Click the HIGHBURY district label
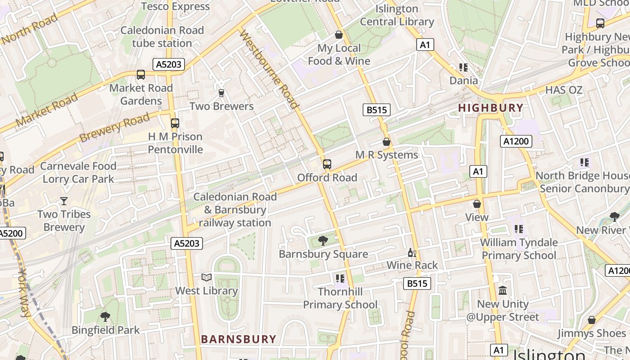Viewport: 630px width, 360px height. point(490,108)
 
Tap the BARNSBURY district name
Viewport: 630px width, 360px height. point(238,339)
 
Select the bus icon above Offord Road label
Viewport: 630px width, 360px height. point(327,164)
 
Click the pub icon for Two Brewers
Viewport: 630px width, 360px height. point(221,93)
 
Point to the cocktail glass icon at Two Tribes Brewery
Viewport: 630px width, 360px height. point(64,201)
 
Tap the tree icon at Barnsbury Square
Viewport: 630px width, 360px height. point(323,241)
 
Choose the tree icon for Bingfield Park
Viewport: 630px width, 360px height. point(105,317)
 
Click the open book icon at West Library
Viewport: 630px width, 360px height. point(207,278)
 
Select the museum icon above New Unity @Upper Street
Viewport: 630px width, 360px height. point(503,291)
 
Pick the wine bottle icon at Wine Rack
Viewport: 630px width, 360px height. point(411,253)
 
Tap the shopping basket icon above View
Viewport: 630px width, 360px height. point(477,204)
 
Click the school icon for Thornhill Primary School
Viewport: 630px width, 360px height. point(340,279)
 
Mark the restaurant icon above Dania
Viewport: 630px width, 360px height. point(463,67)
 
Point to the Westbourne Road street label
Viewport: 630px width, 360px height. point(270,70)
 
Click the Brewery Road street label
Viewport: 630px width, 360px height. point(114,127)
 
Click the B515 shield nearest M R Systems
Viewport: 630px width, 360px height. point(376,110)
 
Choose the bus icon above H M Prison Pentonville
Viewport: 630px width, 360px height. point(175,123)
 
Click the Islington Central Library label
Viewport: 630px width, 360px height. point(397,15)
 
